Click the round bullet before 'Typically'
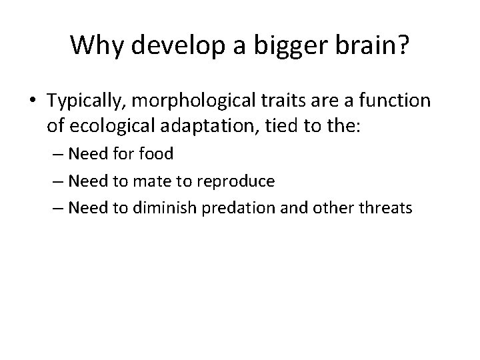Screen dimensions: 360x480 point(33,101)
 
